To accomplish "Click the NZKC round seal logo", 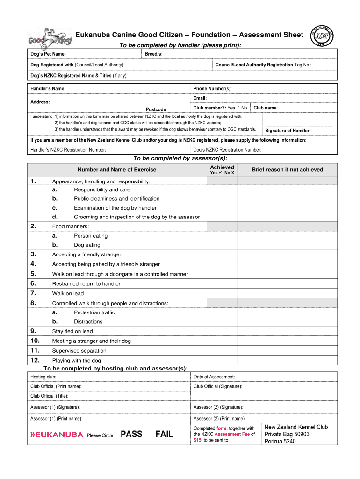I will pyautogui.click(x=323, y=35).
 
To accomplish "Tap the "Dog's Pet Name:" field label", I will pyautogui.click(x=48, y=54).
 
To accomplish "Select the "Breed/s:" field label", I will pyautogui.click(x=154, y=54).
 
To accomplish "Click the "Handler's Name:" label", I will pyautogui.click(x=48, y=88).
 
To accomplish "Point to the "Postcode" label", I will pyautogui.click(x=156, y=109).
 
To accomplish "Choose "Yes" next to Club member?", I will pyautogui.click(x=231, y=108).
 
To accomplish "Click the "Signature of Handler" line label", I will pyautogui.click(x=287, y=131).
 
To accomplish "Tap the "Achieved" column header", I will pyautogui.click(x=222, y=167).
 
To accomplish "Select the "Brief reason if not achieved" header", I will pyautogui.click(x=287, y=169).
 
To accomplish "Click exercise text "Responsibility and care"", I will pyautogui.click(x=102, y=189).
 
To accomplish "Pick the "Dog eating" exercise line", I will pyautogui.click(x=87, y=245).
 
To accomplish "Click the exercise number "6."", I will pyautogui.click(x=33, y=283).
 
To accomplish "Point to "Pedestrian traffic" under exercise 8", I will pyautogui.click(x=94, y=312).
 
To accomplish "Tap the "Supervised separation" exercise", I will pyautogui.click(x=79, y=350).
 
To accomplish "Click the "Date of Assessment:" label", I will pyautogui.click(x=214, y=377).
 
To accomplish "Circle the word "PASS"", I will pyautogui.click(x=131, y=434).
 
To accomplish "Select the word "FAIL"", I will pyautogui.click(x=164, y=434).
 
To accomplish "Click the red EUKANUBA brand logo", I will pyautogui.click(x=57, y=435).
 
